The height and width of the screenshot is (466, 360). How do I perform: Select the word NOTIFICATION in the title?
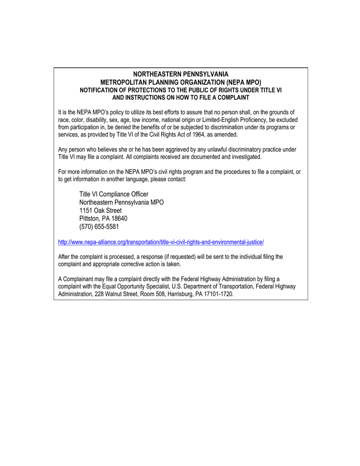click(98, 90)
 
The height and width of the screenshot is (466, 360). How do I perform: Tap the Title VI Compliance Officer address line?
click(114, 194)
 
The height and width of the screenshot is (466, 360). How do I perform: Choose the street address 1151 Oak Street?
click(101, 210)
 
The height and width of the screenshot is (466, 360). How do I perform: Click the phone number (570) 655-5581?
click(99, 227)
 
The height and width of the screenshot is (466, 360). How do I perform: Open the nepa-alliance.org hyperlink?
click(161, 242)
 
